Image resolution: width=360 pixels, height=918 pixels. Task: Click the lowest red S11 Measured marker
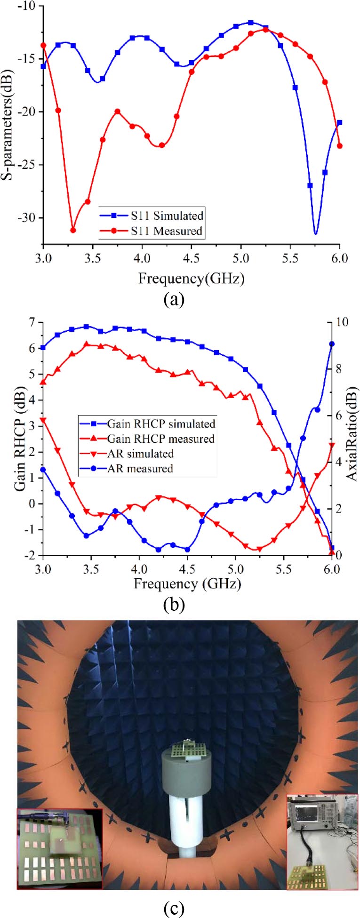[73, 230]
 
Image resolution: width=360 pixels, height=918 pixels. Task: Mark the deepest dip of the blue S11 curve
[315, 233]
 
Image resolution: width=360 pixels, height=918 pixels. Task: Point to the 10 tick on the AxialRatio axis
[342, 322]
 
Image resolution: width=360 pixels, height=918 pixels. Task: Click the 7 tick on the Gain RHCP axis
[32, 322]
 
